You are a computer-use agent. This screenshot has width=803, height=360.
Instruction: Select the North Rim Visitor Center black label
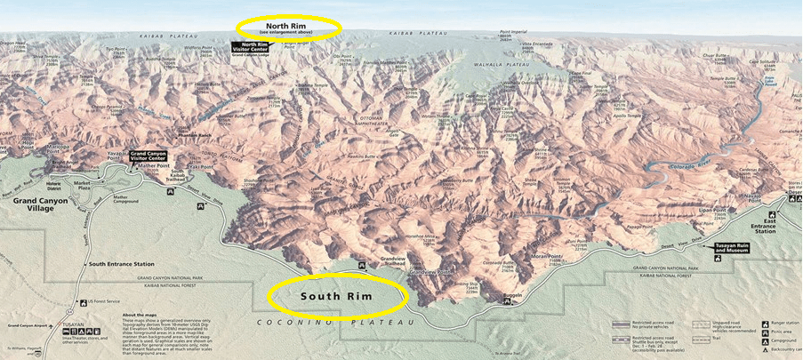coord(250,47)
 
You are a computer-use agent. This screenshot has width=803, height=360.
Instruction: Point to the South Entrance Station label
coord(122,264)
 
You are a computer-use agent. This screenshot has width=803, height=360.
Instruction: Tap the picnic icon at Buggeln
coord(507,300)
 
